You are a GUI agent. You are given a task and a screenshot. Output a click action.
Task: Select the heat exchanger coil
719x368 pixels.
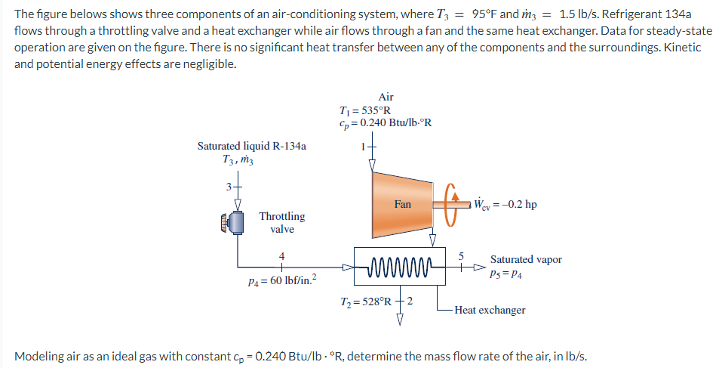click(400, 267)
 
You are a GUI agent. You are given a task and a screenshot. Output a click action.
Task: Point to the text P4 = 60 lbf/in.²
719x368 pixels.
click(283, 282)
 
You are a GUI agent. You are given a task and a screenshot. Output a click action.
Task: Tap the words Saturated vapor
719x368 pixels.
click(526, 259)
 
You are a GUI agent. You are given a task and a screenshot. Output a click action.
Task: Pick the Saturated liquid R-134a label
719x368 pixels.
click(252, 146)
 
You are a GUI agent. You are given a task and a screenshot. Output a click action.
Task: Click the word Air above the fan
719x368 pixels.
click(386, 97)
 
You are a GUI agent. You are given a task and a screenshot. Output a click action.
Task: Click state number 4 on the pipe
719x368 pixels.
click(282, 256)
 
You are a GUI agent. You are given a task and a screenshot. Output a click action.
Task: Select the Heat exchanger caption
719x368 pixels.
click(490, 310)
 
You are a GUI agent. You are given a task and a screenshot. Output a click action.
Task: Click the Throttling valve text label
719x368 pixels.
click(282, 222)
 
